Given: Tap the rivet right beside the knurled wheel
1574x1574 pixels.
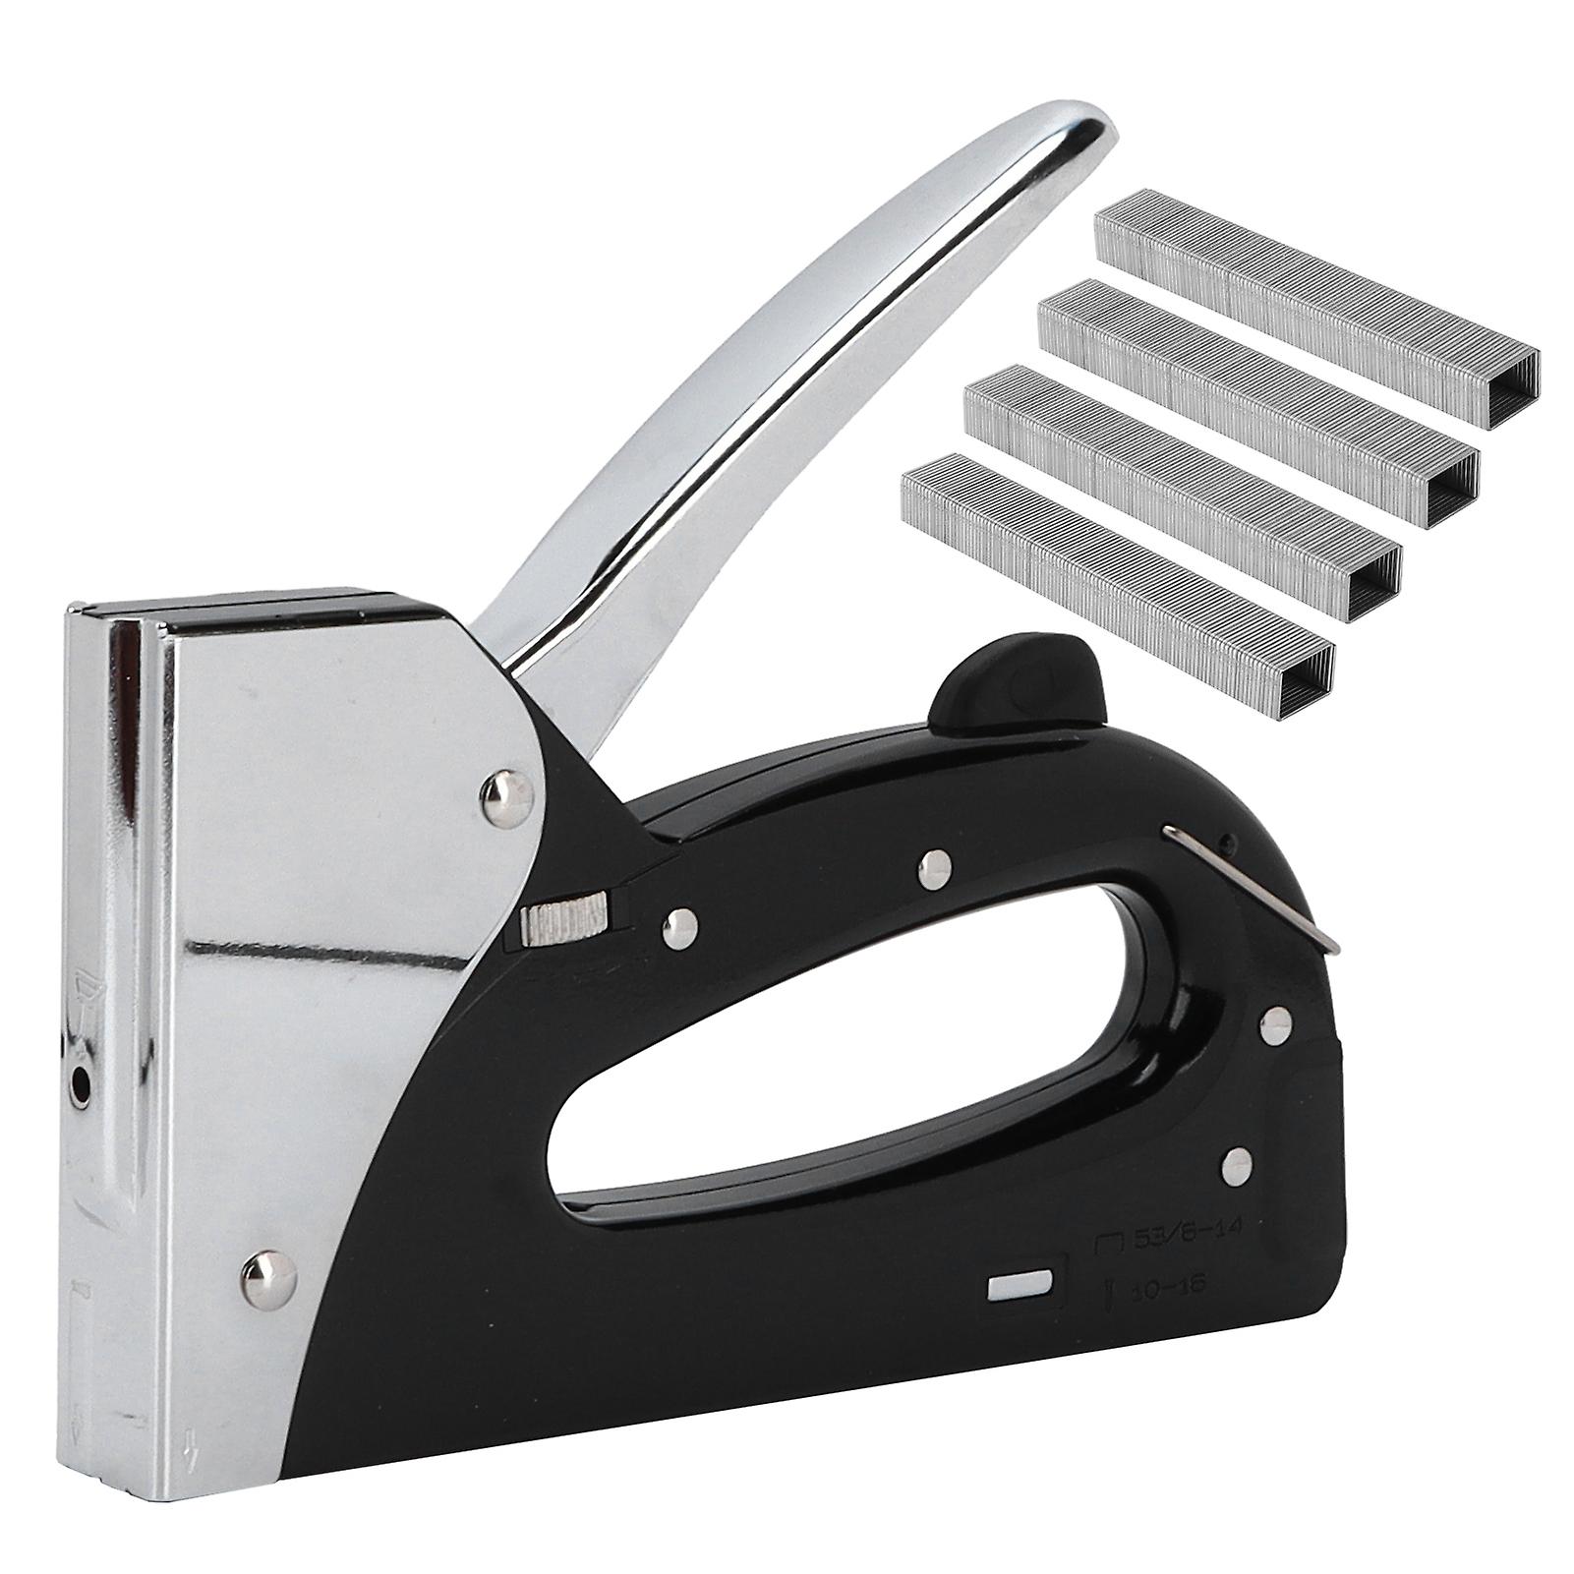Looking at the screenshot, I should point(677,921).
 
